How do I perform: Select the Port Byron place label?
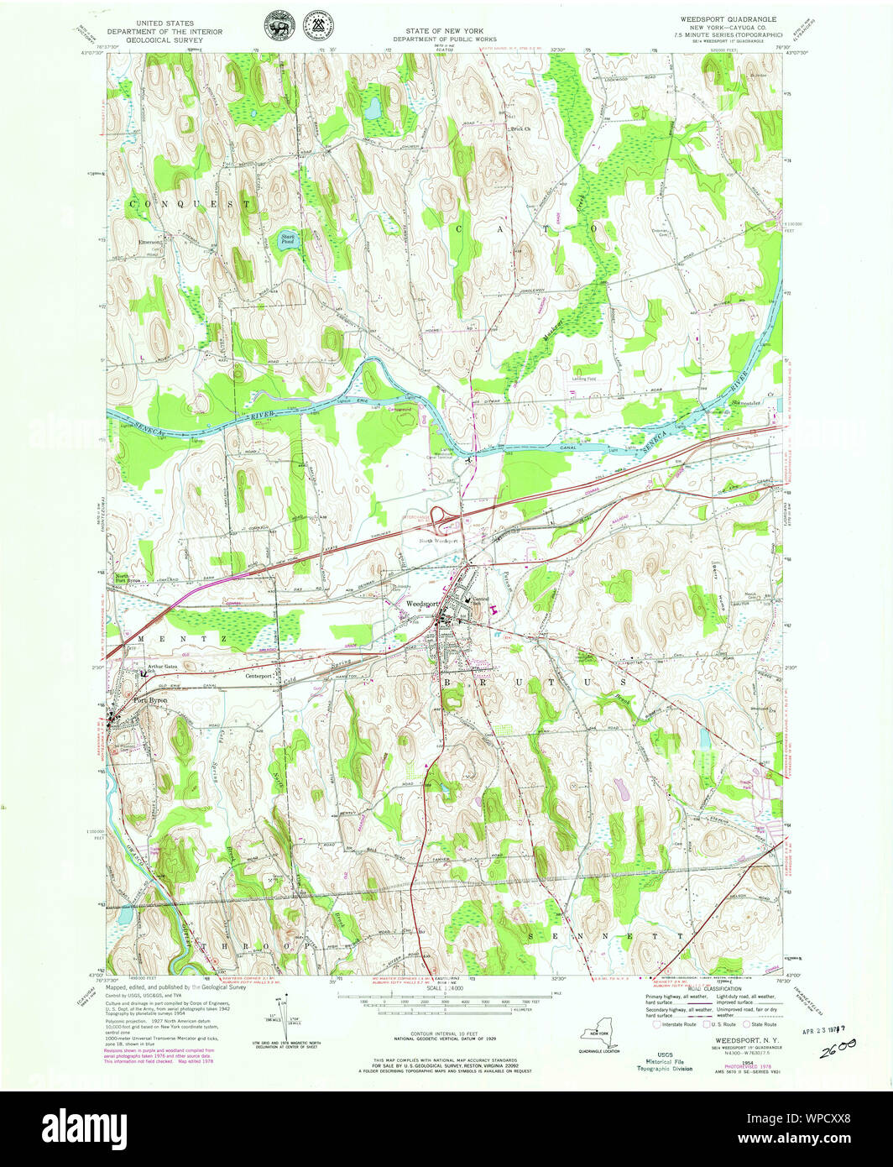(151, 699)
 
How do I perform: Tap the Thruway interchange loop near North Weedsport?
(439, 517)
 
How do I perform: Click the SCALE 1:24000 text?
(445, 989)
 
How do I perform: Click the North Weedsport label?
(439, 541)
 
